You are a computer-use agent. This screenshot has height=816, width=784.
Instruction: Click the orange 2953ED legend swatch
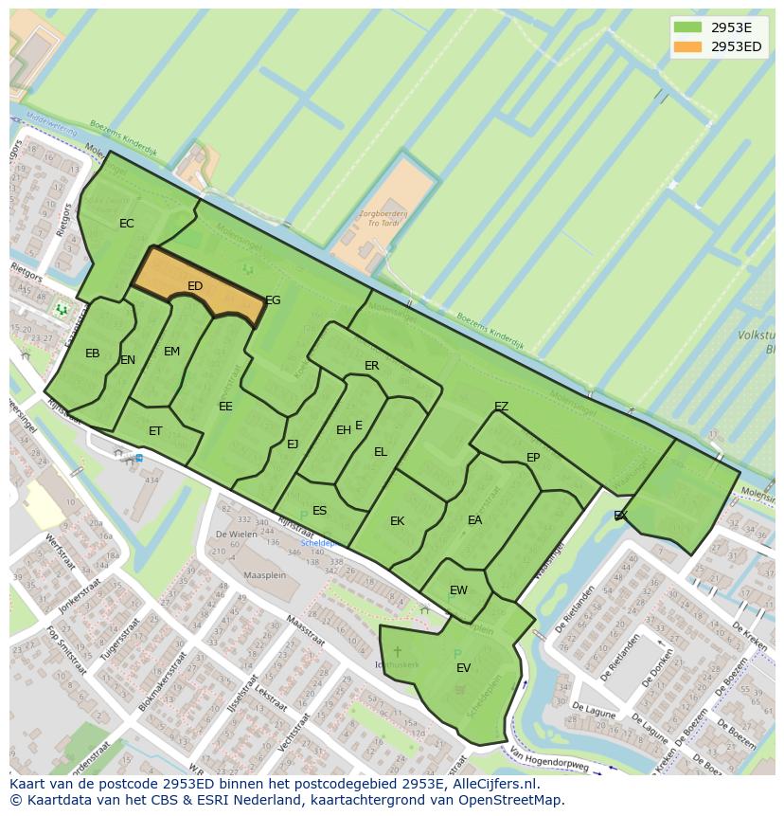pyautogui.click(x=688, y=46)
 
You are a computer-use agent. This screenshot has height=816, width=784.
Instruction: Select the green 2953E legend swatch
pyautogui.click(x=688, y=27)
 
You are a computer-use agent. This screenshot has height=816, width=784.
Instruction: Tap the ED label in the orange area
pyautogui.click(x=195, y=286)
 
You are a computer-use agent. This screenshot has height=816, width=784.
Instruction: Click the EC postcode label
pyautogui.click(x=127, y=224)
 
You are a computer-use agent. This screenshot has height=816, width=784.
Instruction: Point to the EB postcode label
pyautogui.click(x=93, y=354)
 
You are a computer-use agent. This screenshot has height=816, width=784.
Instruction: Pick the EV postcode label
pyautogui.click(x=463, y=668)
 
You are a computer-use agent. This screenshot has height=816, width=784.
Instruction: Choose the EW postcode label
pyautogui.click(x=458, y=590)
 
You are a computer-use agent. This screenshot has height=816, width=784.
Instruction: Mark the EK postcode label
pyautogui.click(x=398, y=521)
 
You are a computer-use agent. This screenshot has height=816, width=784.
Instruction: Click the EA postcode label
pyautogui.click(x=475, y=520)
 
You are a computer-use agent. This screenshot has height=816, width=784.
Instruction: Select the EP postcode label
pyautogui.click(x=533, y=458)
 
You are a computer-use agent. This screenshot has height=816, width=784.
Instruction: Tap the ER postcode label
pyautogui.click(x=372, y=366)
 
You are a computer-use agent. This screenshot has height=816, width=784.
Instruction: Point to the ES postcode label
pyautogui.click(x=320, y=511)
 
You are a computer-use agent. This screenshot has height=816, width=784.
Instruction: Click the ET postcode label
pyautogui.click(x=155, y=431)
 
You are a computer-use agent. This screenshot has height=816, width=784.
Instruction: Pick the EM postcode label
pyautogui.click(x=171, y=352)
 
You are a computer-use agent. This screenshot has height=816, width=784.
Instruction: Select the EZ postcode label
pyautogui.click(x=502, y=407)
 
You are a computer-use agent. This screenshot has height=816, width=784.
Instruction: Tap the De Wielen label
pyautogui.click(x=236, y=534)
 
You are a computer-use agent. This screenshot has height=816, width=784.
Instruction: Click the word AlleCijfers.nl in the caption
pyautogui.click(x=492, y=784)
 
